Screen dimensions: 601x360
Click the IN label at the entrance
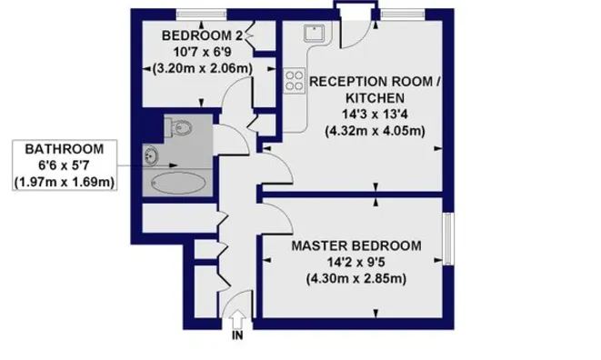(237, 335)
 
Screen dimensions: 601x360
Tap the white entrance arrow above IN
(237, 318)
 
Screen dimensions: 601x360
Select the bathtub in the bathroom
(178, 183)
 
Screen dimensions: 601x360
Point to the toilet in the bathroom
(178, 127)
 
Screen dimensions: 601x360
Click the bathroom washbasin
(150, 156)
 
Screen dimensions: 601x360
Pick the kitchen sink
(315, 33)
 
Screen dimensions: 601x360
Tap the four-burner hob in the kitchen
(294, 81)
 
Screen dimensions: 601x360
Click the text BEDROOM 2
(203, 35)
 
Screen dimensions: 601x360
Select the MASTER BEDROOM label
(356, 245)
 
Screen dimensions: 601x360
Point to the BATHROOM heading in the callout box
(65, 149)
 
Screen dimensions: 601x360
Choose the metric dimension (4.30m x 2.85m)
(356, 279)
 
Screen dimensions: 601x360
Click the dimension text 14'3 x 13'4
(375, 115)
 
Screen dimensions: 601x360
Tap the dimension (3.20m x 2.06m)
(203, 68)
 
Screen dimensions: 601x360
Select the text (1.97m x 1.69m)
(65, 182)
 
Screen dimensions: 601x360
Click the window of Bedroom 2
(201, 15)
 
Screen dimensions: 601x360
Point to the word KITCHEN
(375, 98)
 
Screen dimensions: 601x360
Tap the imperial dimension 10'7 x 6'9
(203, 52)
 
